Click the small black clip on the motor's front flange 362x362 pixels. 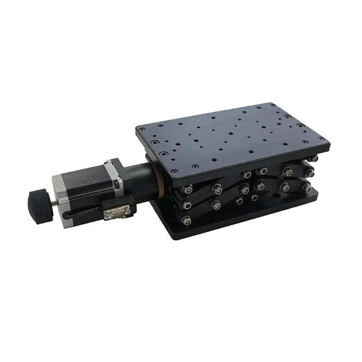coord(116,184)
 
